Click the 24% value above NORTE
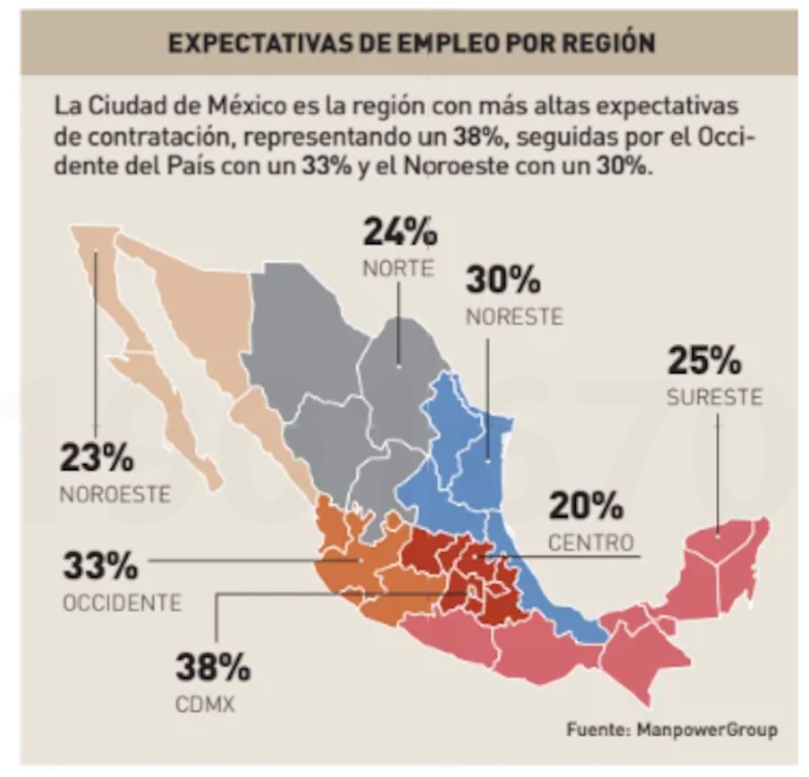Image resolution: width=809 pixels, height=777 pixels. [400, 233]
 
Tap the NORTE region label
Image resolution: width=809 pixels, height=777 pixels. [398, 268]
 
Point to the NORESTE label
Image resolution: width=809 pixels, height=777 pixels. [514, 316]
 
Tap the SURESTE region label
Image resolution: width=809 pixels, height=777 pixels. [714, 397]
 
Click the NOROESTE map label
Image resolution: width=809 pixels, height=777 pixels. [115, 494]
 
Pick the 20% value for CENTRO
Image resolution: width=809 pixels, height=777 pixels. [585, 507]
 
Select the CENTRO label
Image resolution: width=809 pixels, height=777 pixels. [591, 542]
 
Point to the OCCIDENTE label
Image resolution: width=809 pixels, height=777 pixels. [122, 602]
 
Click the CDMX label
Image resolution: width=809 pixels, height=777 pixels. [205, 705]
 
